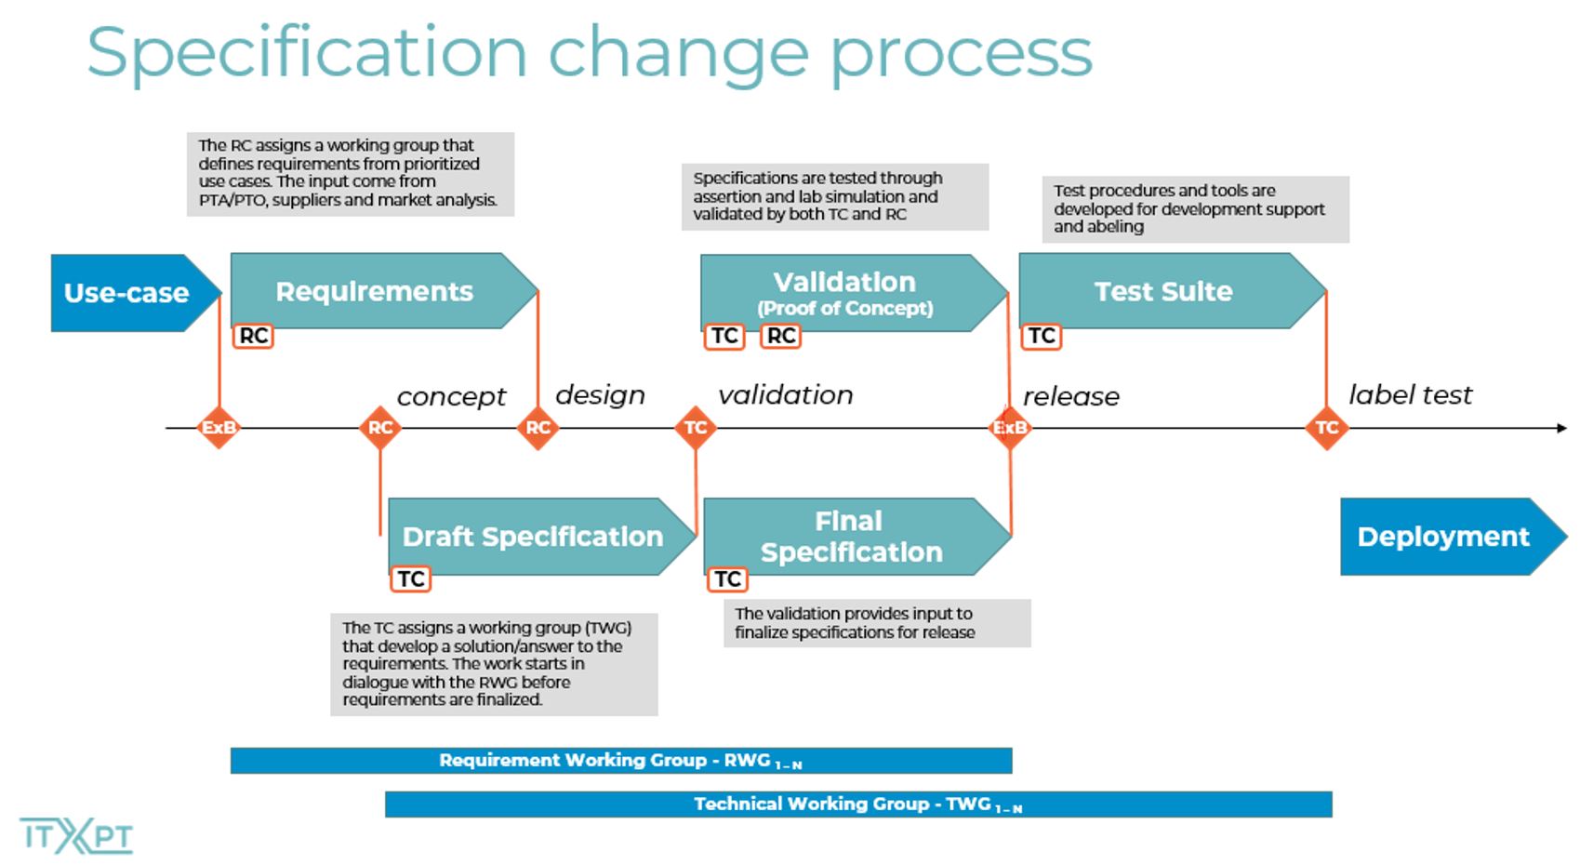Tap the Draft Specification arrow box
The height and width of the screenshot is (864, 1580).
pyautogui.click(x=533, y=537)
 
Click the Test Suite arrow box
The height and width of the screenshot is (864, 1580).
pyautogui.click(x=1163, y=291)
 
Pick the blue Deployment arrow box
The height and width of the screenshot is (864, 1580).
pyautogui.click(x=1444, y=537)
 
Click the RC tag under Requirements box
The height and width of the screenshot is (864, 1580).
pyautogui.click(x=253, y=336)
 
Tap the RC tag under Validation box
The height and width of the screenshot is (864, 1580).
pyautogui.click(x=781, y=336)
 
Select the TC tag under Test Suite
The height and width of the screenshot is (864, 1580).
pyautogui.click(x=1042, y=336)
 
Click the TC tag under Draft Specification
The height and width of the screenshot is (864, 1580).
pyautogui.click(x=411, y=579)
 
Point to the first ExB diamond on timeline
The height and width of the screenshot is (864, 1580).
pyautogui.click(x=219, y=428)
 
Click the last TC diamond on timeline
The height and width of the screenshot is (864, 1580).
pyautogui.click(x=1326, y=428)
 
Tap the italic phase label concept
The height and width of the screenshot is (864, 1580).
pyautogui.click(x=451, y=397)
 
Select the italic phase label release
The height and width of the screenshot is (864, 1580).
pyautogui.click(x=1071, y=397)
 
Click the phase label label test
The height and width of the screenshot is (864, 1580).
pyautogui.click(x=1410, y=395)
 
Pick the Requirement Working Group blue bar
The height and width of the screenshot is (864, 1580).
pyautogui.click(x=620, y=761)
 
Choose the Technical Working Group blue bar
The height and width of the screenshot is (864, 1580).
pyautogui.click(x=857, y=804)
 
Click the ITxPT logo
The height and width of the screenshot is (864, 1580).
pyautogui.click(x=76, y=835)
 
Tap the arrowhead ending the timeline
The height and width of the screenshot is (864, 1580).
pyautogui.click(x=1561, y=428)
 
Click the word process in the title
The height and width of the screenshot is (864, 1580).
pyautogui.click(x=961, y=54)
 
